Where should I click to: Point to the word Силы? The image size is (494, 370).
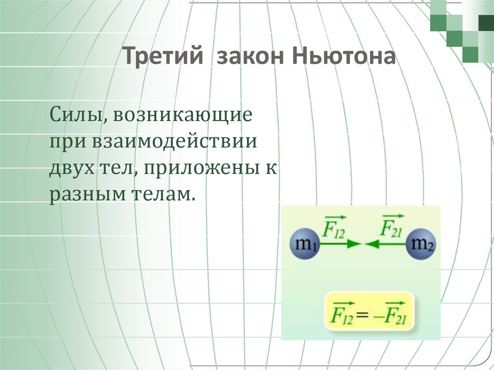(73, 117)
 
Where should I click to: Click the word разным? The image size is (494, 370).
(86, 194)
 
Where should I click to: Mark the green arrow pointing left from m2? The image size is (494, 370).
(386, 245)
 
